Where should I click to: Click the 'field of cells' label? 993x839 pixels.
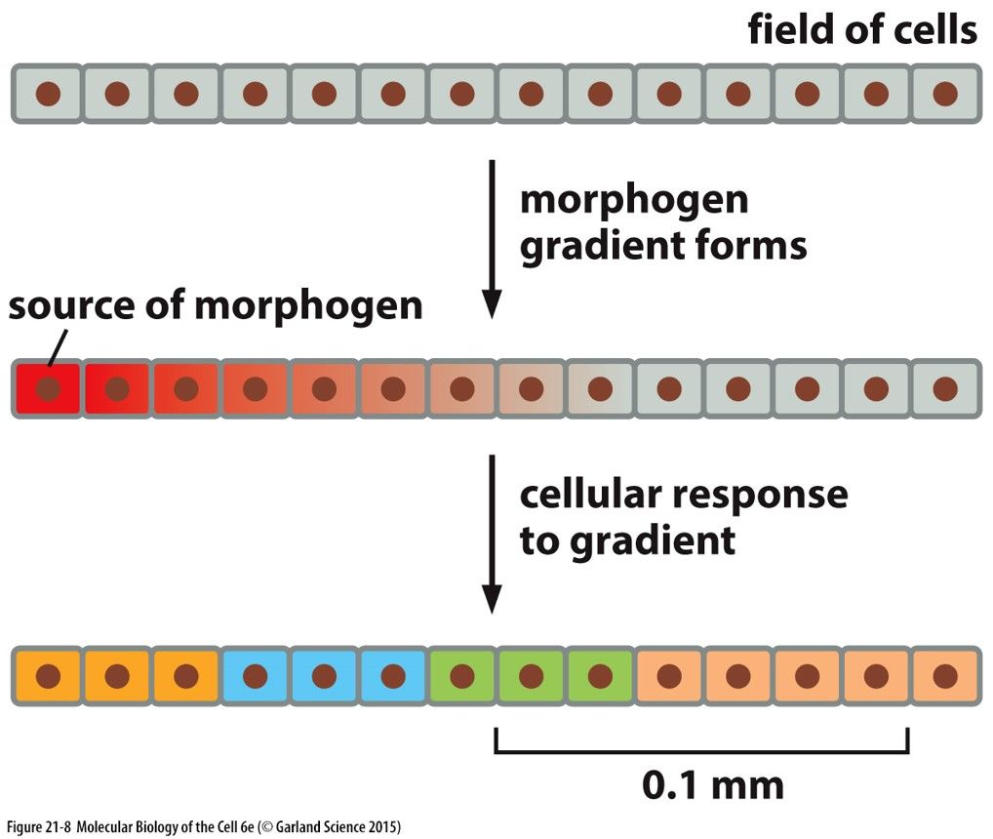pyautogui.click(x=861, y=31)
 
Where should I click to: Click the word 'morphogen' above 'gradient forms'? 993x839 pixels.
pyautogui.click(x=634, y=199)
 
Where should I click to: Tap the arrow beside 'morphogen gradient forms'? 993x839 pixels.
pyautogui.click(x=492, y=238)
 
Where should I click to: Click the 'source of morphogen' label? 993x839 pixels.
pyautogui.click(x=216, y=305)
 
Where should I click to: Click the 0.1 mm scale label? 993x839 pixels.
pyautogui.click(x=712, y=783)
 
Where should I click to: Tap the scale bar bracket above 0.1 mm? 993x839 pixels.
pyautogui.click(x=701, y=749)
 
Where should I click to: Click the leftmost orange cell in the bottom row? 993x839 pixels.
pyautogui.click(x=48, y=675)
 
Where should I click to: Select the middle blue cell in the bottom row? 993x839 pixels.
pyautogui.click(x=324, y=675)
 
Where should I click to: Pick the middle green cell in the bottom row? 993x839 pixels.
pyautogui.click(x=531, y=675)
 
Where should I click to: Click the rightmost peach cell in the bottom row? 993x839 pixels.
pyautogui.click(x=945, y=675)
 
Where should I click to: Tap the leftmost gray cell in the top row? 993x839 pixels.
pyautogui.click(x=48, y=94)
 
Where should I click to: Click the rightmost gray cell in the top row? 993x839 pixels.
pyautogui.click(x=945, y=94)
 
